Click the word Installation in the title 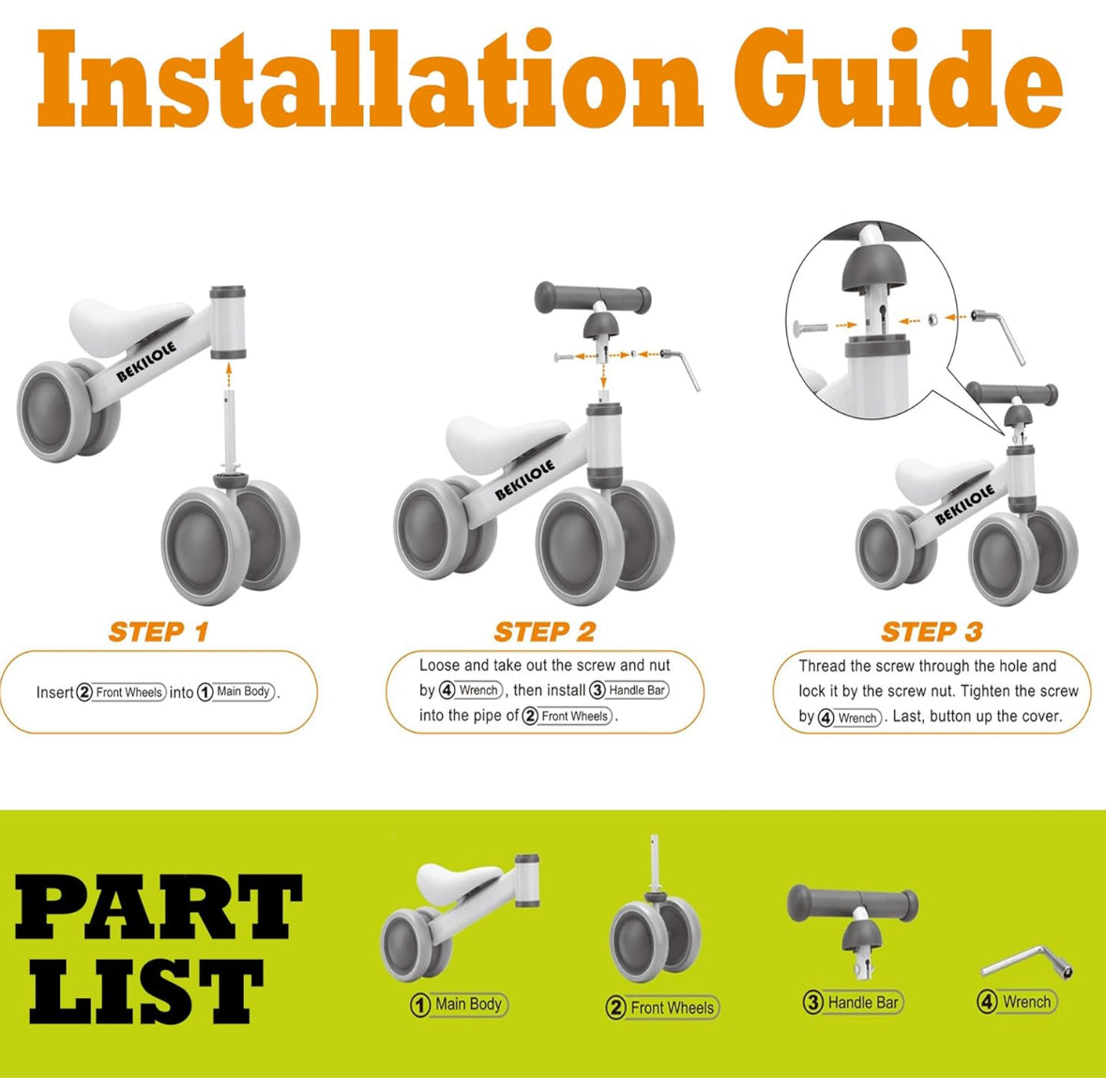(x=370, y=79)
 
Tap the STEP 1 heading (x=159, y=632)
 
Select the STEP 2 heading (x=544, y=632)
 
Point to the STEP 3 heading (x=932, y=632)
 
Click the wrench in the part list (x=1027, y=962)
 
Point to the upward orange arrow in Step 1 (x=229, y=376)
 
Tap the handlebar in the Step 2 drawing (x=593, y=296)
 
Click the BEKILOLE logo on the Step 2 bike (x=524, y=479)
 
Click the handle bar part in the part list (x=853, y=929)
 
